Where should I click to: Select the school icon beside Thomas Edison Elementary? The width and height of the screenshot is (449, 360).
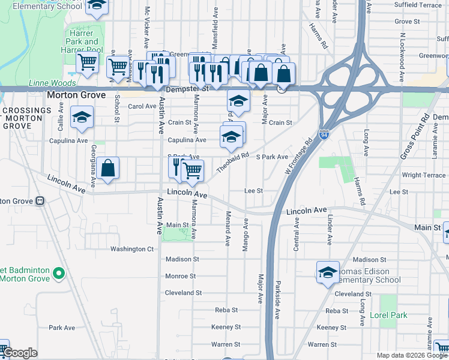pos(328,272)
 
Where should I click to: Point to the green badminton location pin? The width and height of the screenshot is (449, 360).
pos(58,274)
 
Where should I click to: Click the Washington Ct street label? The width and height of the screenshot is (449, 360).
pos(131,249)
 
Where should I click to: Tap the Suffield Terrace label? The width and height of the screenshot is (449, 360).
pos(417,5)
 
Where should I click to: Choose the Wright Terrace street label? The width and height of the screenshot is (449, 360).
pos(423,175)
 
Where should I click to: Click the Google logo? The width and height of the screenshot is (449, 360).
pos(20,353)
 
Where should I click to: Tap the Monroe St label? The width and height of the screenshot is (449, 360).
pos(180,276)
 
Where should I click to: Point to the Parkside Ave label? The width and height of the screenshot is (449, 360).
pos(277,300)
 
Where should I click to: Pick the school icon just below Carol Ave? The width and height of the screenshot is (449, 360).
pos(81,118)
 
